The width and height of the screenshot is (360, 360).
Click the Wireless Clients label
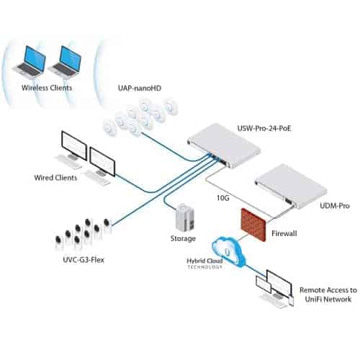coord(48,88)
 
